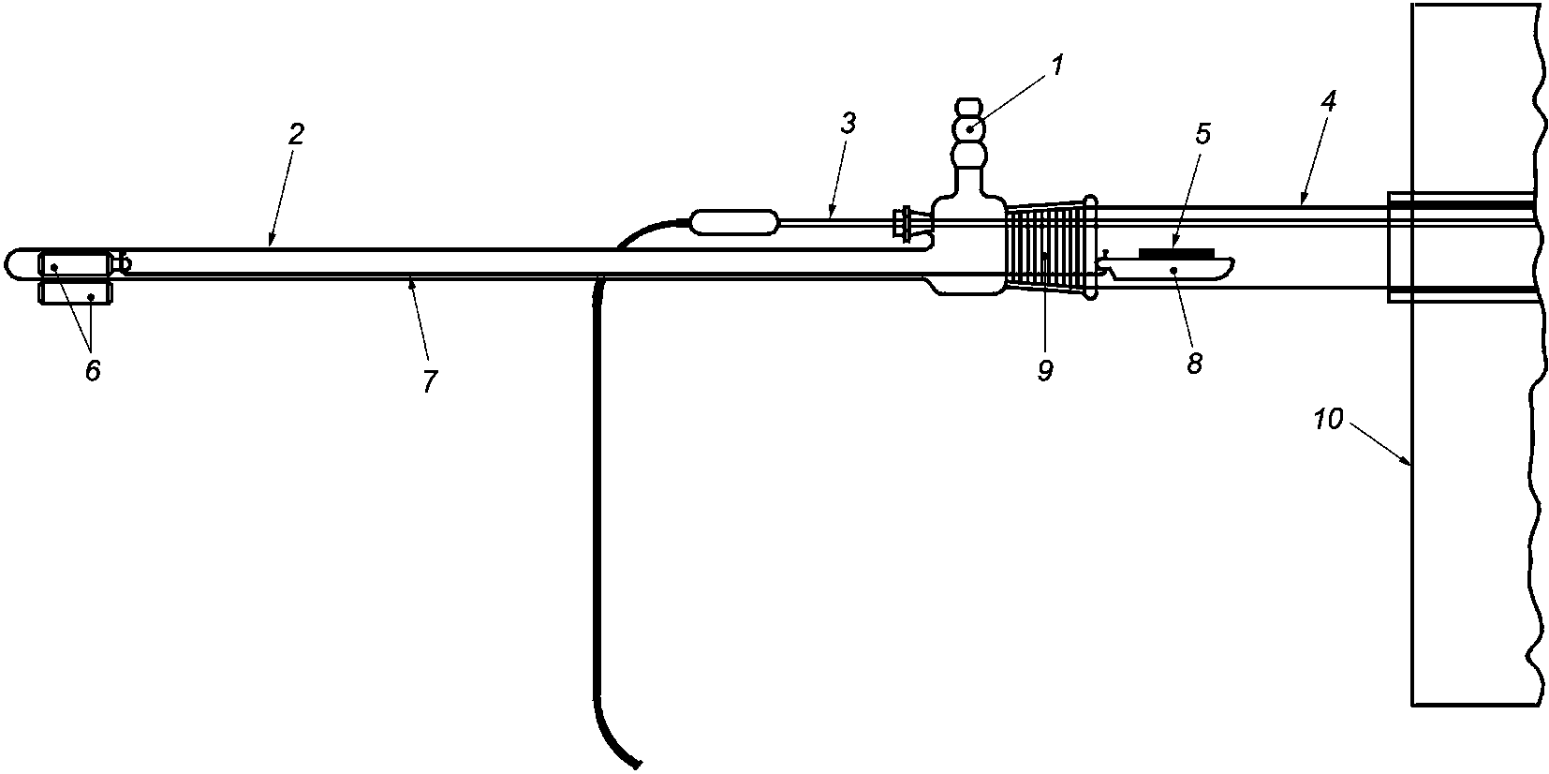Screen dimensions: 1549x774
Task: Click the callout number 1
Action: pyautogui.click(x=1057, y=66)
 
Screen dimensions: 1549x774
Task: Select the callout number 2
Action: pyautogui.click(x=295, y=134)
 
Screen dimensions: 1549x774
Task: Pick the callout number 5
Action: pyautogui.click(x=1203, y=134)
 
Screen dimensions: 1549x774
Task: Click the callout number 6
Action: pyautogui.click(x=92, y=370)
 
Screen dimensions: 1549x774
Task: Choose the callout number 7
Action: pyautogui.click(x=429, y=380)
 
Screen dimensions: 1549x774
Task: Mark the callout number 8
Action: pyautogui.click(x=1194, y=364)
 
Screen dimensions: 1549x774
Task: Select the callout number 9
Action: pyautogui.click(x=1045, y=371)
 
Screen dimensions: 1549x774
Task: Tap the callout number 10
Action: pyautogui.click(x=1328, y=420)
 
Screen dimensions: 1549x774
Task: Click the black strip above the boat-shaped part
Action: pyautogui.click(x=1176, y=253)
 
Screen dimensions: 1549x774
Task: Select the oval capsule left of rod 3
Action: pyautogui.click(x=733, y=222)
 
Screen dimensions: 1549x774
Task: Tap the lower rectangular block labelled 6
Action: pyautogui.click(x=75, y=293)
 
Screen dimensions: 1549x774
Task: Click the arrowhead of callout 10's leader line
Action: pyautogui.click(x=1409, y=463)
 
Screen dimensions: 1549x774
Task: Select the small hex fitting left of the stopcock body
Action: pyautogui.click(x=905, y=223)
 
